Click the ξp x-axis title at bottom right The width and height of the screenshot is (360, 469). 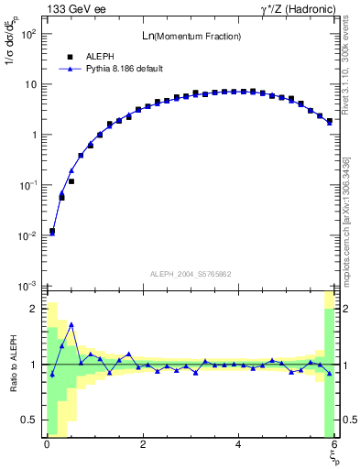[x=333, y=455]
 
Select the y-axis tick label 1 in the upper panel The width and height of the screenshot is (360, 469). [x=32, y=135]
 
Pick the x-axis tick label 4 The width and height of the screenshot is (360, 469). [x=238, y=444]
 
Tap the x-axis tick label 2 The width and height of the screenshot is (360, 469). [x=143, y=444]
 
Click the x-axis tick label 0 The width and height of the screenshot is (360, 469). [x=47, y=444]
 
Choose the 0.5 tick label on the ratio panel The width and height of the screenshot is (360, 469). [x=29, y=420]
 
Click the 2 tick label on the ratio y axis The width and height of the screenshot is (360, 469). [x=34, y=309]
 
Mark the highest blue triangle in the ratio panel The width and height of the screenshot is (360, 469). [x=71, y=325]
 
